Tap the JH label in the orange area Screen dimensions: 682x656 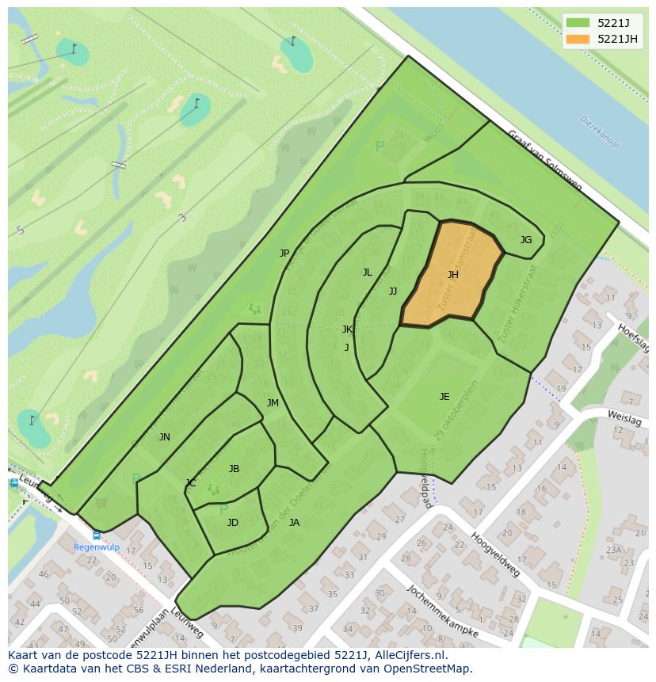pos(452,275)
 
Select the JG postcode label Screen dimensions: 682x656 pos(525,240)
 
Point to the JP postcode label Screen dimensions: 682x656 pos(284,253)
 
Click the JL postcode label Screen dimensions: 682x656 pos(367,272)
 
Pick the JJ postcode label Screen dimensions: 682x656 pos(393,291)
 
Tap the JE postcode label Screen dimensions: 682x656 pos(444,397)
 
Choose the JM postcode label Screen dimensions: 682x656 pos(273,403)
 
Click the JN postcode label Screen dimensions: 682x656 pos(164,437)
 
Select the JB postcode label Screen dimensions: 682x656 pos(234,469)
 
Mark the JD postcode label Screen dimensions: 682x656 pos(232,523)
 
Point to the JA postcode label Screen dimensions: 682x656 pos(294,523)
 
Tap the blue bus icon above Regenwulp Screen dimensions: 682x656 pos(97,535)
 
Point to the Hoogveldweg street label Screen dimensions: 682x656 pos(495,554)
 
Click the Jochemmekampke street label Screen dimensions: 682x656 pos(442,612)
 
